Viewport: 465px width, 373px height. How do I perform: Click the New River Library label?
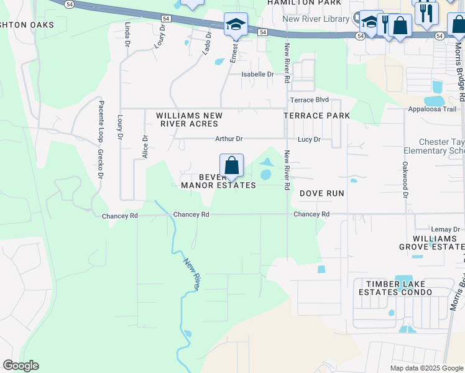[315, 19]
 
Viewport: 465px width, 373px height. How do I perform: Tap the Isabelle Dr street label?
[257, 75]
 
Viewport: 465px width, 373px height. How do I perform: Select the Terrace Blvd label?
[309, 100]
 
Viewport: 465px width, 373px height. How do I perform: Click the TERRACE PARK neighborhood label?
[316, 116]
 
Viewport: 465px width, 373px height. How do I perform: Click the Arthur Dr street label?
[229, 139]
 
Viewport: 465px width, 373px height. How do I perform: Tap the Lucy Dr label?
[309, 140]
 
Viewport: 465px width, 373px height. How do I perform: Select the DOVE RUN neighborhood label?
[322, 193]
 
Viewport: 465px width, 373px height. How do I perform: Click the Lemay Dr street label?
[447, 230]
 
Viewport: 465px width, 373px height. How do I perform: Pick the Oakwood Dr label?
[405, 180]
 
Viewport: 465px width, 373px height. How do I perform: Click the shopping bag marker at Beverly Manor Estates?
[231, 166]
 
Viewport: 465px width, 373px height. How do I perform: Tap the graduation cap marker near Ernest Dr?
[236, 25]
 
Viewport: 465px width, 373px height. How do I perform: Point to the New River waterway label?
[191, 275]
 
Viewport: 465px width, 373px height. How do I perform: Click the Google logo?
[21, 366]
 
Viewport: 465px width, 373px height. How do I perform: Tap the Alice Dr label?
[145, 147]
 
